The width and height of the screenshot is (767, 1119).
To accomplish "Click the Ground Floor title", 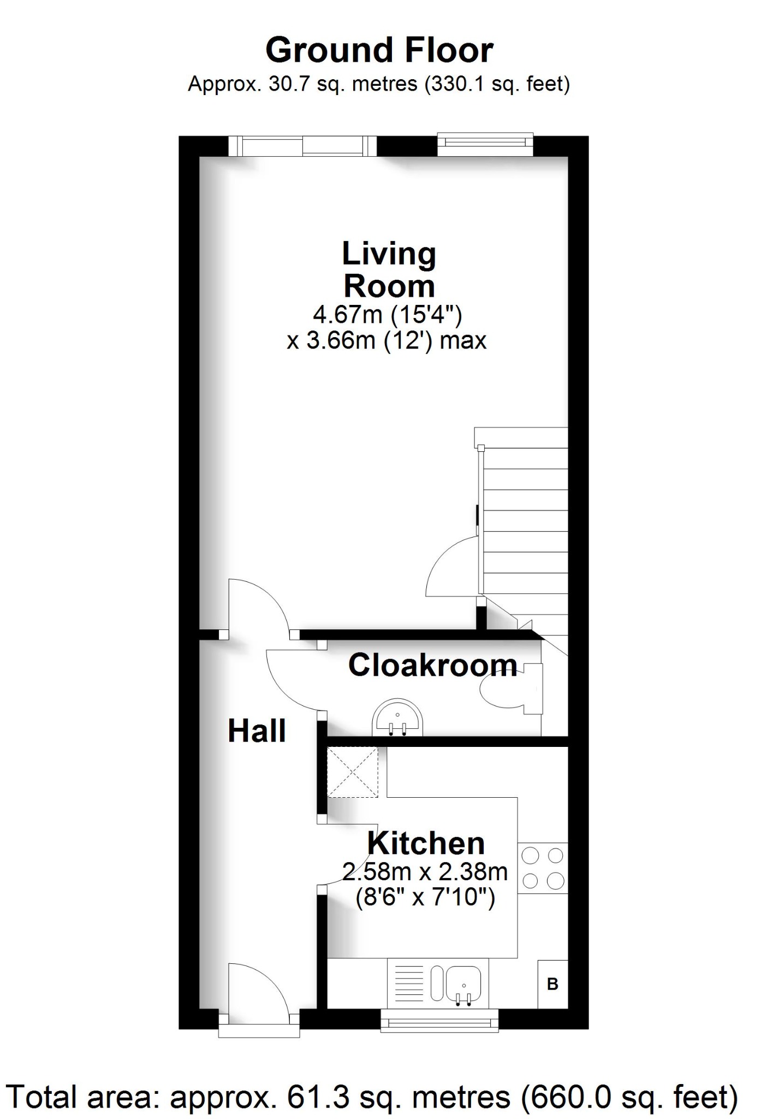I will click(x=379, y=50).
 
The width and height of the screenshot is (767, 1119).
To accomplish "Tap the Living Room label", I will click(x=389, y=270).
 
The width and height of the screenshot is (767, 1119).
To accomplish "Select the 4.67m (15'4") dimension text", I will click(x=388, y=315).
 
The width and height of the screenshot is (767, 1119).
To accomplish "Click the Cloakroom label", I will click(x=432, y=665).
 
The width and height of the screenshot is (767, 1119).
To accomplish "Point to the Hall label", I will click(x=257, y=731).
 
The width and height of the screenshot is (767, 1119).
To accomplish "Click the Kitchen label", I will click(x=426, y=843).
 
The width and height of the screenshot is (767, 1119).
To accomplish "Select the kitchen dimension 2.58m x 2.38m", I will click(x=425, y=871).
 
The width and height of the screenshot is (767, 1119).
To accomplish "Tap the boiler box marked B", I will click(x=552, y=984).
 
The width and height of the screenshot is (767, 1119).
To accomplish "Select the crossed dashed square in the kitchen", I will click(x=352, y=772).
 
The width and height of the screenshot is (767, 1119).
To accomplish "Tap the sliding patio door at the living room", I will click(x=302, y=146).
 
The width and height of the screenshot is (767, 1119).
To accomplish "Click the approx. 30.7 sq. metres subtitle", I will click(x=379, y=84).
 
